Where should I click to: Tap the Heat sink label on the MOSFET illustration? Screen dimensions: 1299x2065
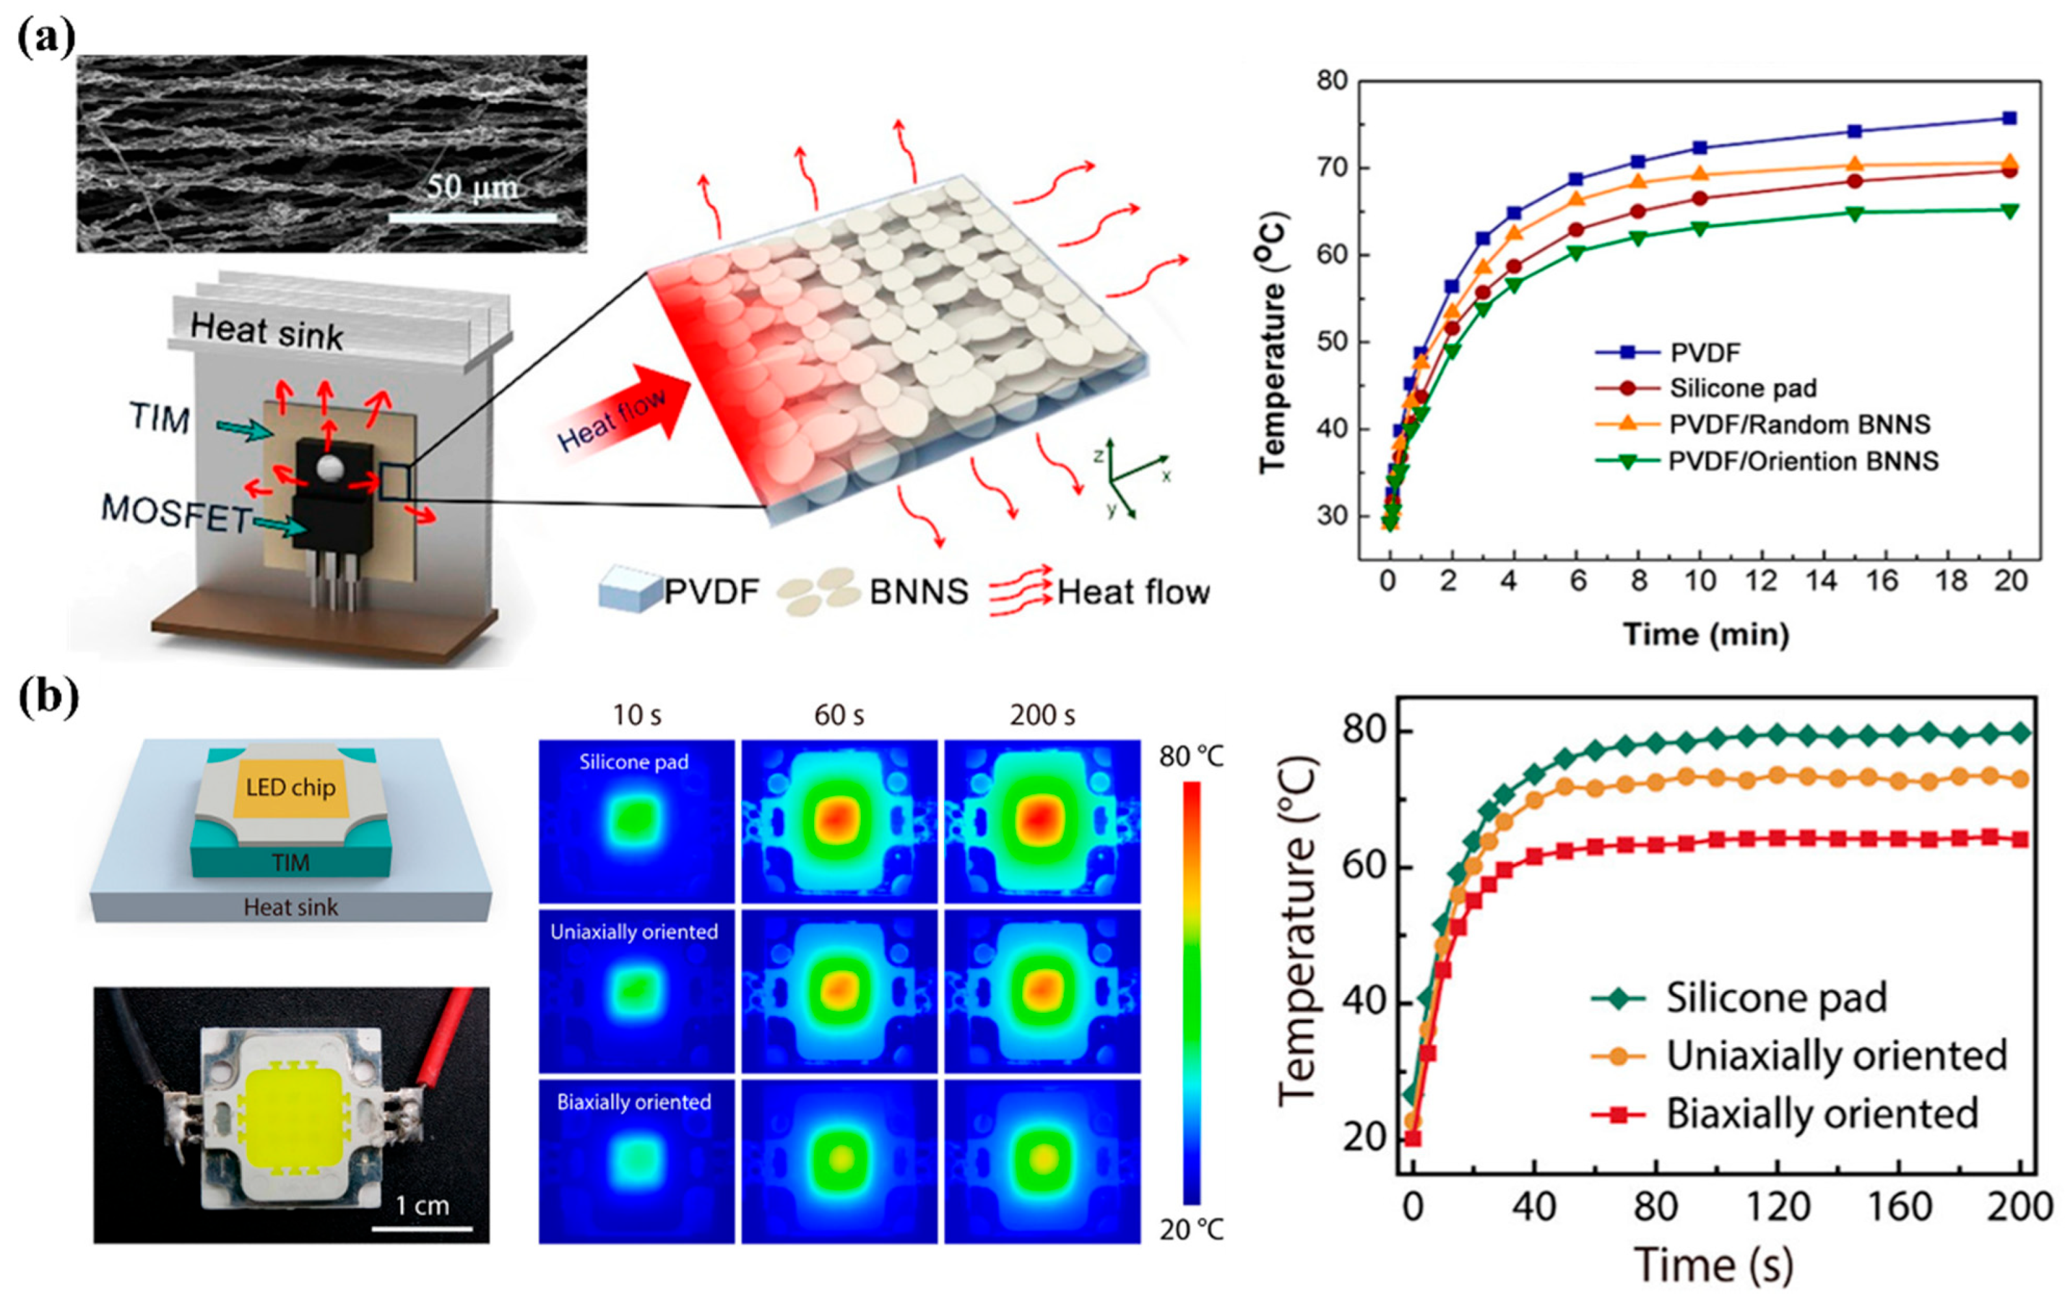[x=266, y=331]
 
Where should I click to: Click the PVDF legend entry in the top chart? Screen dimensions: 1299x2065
[x=1705, y=353]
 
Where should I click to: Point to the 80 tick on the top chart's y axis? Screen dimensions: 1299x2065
[x=1332, y=81]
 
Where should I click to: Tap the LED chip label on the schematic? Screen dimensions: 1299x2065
[x=291, y=787]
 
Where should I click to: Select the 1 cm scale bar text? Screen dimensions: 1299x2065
[x=422, y=1205]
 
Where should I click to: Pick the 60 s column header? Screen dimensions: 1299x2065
[x=839, y=716]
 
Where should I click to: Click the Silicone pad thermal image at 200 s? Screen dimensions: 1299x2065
[x=1042, y=820]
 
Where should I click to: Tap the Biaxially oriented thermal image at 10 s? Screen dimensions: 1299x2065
[x=637, y=1161]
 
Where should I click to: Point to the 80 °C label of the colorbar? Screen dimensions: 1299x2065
[x=1191, y=757]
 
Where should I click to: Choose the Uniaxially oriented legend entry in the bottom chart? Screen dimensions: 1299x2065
[x=1835, y=1055]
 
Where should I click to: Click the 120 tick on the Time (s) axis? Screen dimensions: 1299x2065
[x=1777, y=1207]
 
